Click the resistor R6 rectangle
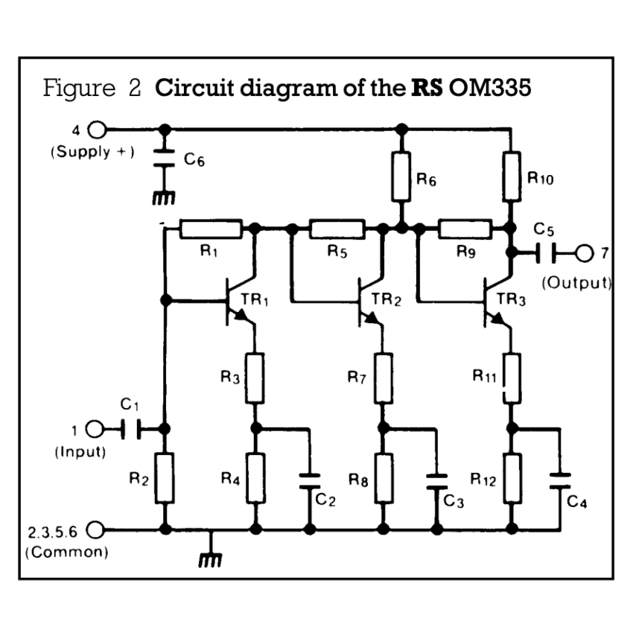tap(401, 176)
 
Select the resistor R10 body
tap(512, 176)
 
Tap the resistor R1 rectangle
tap(211, 228)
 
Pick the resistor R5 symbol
tap(337, 228)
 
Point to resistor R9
tap(465, 228)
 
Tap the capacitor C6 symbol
tap(165, 159)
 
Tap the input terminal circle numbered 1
tap(94, 429)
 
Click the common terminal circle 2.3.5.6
tap(94, 530)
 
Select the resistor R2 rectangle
tap(165, 477)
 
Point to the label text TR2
tap(386, 300)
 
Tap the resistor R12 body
tap(512, 477)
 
